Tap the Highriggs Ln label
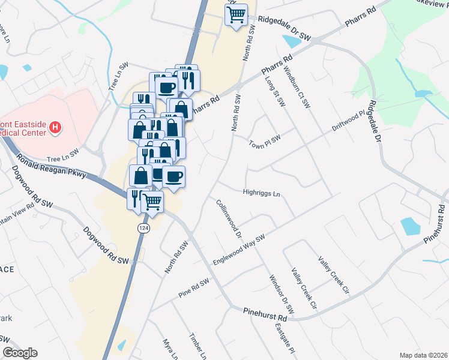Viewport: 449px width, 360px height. point(261,194)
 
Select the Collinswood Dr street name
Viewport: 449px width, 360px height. point(229,217)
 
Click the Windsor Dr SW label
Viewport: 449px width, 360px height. point(282,295)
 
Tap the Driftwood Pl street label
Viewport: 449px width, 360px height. point(349,122)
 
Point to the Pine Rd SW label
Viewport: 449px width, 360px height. point(194,289)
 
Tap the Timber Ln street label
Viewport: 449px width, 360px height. point(194,346)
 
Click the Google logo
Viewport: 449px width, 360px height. point(20,353)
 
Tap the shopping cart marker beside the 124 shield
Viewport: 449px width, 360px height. point(152,202)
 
